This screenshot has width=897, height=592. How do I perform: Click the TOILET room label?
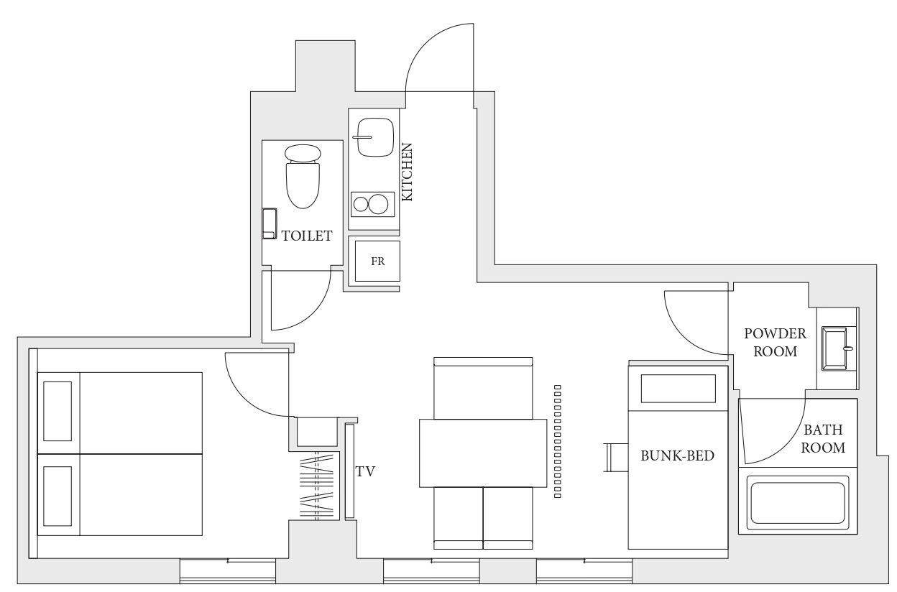tap(307, 236)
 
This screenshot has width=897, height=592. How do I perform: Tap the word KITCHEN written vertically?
tap(407, 172)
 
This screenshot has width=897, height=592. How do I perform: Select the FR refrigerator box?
tap(377, 261)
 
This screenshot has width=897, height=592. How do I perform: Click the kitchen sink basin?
tap(375, 137)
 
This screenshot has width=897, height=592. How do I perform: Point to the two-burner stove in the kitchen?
tap(373, 204)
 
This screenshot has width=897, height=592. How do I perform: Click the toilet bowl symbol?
tap(303, 176)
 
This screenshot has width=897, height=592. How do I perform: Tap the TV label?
tap(365, 471)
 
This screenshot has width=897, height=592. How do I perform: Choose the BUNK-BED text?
tap(678, 455)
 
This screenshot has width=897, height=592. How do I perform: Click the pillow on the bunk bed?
tap(678, 389)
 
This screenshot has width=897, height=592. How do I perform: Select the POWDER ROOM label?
tap(776, 343)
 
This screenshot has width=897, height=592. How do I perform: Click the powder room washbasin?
tap(836, 348)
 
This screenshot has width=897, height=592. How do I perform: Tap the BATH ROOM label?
tap(823, 439)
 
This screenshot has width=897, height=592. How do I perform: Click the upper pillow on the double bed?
tap(57, 411)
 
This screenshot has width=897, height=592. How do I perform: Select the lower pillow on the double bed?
tap(57, 496)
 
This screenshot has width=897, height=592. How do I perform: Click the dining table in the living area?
tap(483, 453)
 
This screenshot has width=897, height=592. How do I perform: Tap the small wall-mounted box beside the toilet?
tap(270, 223)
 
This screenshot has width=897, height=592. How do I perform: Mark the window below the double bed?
tap(227, 570)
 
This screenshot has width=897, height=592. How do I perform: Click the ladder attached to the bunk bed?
tap(616, 458)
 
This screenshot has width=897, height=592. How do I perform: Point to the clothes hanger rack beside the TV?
tap(317, 486)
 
